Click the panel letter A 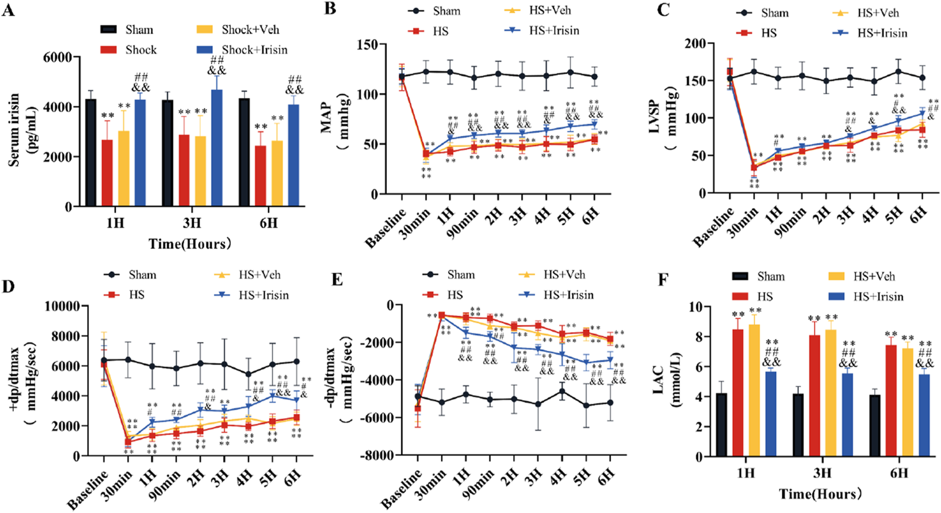click(x=8, y=10)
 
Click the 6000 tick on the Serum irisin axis click(x=59, y=57)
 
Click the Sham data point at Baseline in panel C click(x=729, y=79)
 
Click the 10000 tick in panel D click(x=63, y=306)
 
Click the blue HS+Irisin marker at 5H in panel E click(x=586, y=362)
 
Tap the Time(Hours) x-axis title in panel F click(x=821, y=494)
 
